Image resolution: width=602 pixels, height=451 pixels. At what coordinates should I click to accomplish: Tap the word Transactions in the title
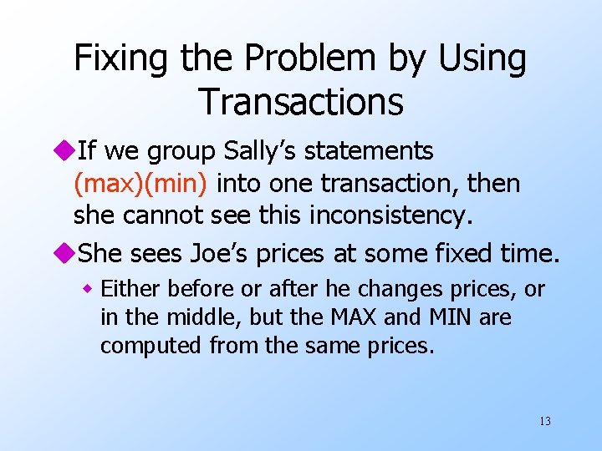[x=301, y=102]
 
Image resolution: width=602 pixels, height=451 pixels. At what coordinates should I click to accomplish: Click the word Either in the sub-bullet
[x=131, y=289]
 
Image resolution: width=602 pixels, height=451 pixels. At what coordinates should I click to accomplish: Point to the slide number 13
[x=544, y=420]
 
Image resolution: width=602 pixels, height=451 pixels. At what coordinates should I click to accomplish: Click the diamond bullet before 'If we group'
[x=67, y=152]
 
